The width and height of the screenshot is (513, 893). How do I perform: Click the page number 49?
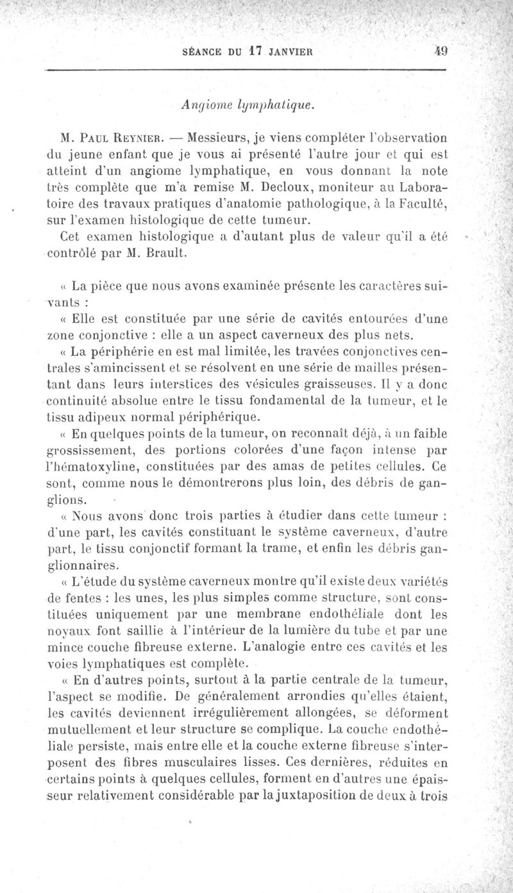[x=439, y=53]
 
